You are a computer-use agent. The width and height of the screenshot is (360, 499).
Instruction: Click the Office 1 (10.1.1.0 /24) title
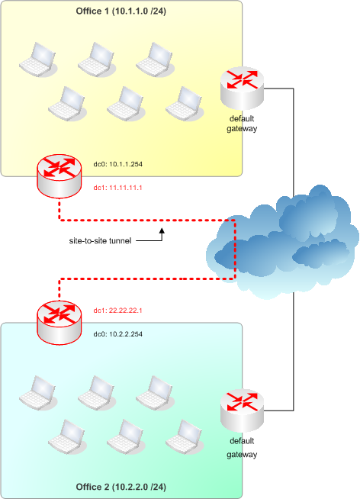coord(121,11)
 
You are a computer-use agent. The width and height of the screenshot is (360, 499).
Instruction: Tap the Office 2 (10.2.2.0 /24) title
coord(121,487)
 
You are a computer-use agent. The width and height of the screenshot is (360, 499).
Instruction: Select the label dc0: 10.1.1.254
coord(118,164)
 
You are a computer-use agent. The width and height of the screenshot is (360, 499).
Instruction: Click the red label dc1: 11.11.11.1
coord(117,188)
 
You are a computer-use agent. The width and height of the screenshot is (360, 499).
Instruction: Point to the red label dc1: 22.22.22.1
coord(117,311)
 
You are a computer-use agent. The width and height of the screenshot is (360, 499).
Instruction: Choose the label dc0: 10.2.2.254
coord(118,334)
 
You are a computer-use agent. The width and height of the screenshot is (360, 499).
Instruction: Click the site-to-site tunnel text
coord(100,241)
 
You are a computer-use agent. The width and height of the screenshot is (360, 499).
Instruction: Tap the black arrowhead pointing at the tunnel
coord(162,230)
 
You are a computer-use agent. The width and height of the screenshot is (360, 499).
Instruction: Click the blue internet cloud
coord(282,242)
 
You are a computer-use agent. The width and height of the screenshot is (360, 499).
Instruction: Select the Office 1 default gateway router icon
coord(243,89)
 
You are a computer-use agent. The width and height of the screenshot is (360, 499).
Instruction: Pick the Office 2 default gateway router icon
coord(243,410)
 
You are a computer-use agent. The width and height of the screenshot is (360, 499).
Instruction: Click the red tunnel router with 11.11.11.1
coord(59,176)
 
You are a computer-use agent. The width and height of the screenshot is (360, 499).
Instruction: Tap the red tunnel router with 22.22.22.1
coord(59,323)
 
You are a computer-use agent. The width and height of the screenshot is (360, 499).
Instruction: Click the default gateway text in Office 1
coord(242,124)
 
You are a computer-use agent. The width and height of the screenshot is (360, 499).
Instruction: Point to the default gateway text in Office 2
coord(242,447)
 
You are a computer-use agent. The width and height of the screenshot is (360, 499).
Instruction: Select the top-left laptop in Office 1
coord(38,60)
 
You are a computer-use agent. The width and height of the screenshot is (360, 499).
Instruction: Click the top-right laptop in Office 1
coord(155,60)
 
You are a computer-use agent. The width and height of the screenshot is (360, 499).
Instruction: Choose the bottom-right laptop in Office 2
coord(185,436)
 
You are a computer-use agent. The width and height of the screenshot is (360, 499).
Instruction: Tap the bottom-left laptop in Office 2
coord(67,436)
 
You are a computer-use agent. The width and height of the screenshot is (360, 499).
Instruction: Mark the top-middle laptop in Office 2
coord(97,393)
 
